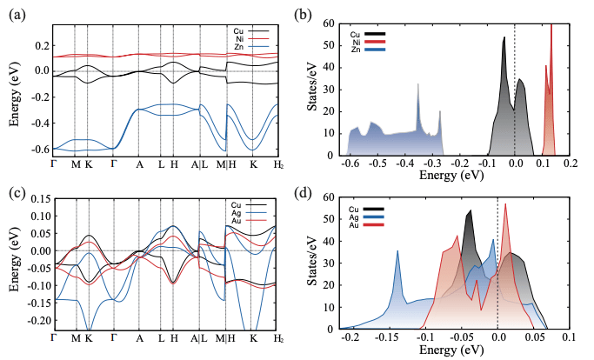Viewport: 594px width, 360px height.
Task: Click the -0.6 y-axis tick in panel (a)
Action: [38, 150]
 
